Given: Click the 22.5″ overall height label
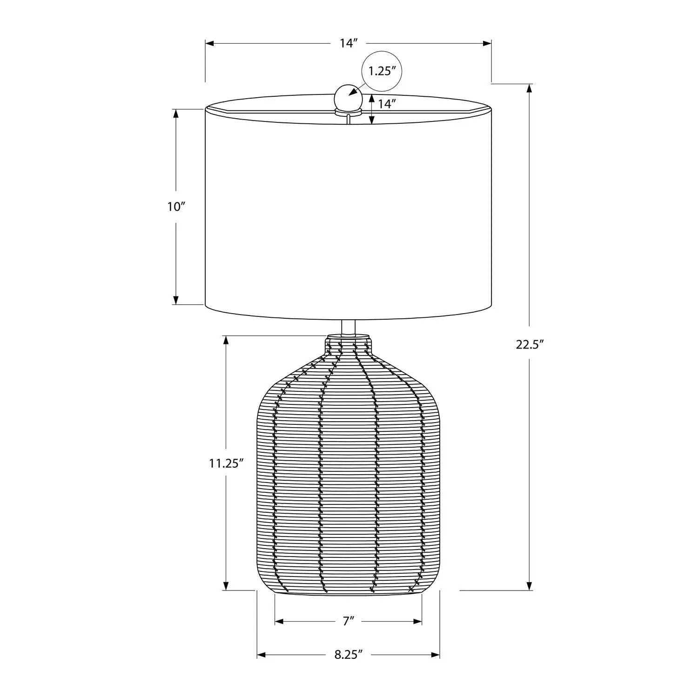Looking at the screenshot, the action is [530, 345].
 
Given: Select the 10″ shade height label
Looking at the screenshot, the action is [176, 207].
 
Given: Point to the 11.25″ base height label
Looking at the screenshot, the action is [226, 463].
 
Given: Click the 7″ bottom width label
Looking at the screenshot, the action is [349, 621].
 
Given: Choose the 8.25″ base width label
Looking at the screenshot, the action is [348, 655].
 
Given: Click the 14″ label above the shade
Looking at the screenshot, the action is [348, 43].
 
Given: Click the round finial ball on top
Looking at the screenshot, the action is [348, 97].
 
